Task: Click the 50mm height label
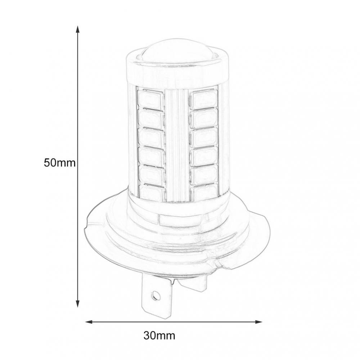(x=59, y=163)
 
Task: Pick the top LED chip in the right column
(x=203, y=98)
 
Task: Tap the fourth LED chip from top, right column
(x=203, y=156)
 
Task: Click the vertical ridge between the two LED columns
(x=176, y=144)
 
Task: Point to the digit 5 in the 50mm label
(x=47, y=163)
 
